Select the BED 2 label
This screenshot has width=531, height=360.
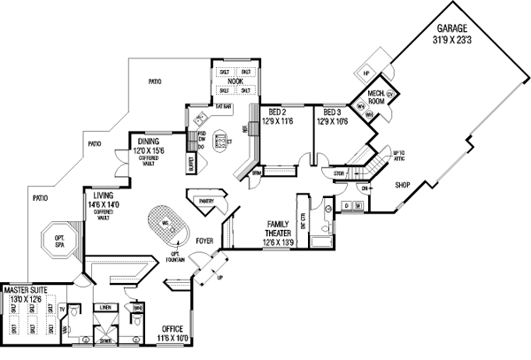[x=277, y=112]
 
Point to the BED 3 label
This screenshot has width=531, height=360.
[x=333, y=112]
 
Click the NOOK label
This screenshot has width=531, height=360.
[x=235, y=81]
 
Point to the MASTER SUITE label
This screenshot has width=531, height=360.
[x=26, y=289]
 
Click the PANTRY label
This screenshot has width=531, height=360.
[x=208, y=202]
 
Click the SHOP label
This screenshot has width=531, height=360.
[x=404, y=185]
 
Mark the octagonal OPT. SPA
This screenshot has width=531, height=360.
[x=60, y=240]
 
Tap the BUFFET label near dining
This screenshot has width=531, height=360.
[x=190, y=164]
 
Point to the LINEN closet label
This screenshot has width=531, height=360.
[x=106, y=307]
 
